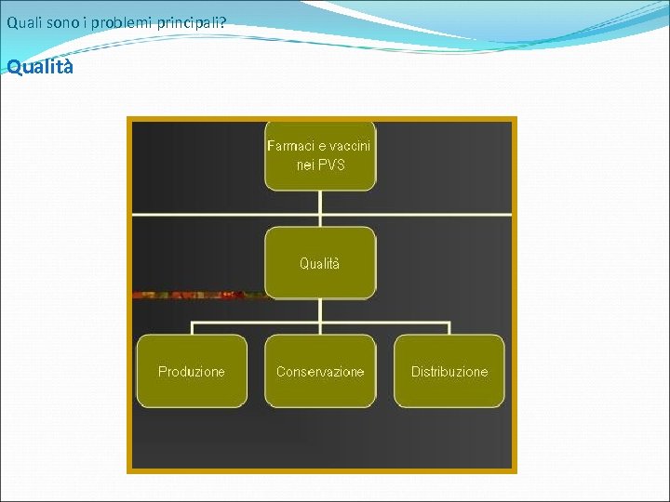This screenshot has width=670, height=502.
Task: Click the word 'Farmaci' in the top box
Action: coord(289,146)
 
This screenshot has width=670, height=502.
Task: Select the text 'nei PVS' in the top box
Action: coord(320,165)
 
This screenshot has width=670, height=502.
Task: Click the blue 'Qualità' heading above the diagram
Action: coord(40,68)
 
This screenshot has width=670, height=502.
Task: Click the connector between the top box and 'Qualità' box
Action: coord(320,208)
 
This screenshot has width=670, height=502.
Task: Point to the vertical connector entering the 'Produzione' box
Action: coord(192,329)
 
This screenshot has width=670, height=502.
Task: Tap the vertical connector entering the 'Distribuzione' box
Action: coord(449,329)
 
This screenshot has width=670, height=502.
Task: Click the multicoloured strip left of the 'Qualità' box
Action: coord(200,296)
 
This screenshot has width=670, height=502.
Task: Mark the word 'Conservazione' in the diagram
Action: coord(320,372)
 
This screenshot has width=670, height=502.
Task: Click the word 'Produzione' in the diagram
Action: coord(192,372)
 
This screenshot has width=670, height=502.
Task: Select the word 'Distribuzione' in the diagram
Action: coord(449,372)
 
